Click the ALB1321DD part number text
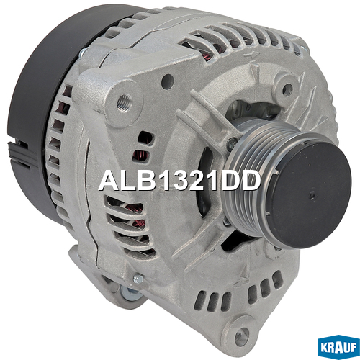click(x=179, y=181)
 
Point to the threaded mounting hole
click(x=125, y=102)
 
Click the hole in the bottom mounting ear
click(x=242, y=336)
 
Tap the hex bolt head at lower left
click(x=138, y=279)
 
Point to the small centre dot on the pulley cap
click(x=311, y=194)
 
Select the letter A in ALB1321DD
click(x=109, y=181)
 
